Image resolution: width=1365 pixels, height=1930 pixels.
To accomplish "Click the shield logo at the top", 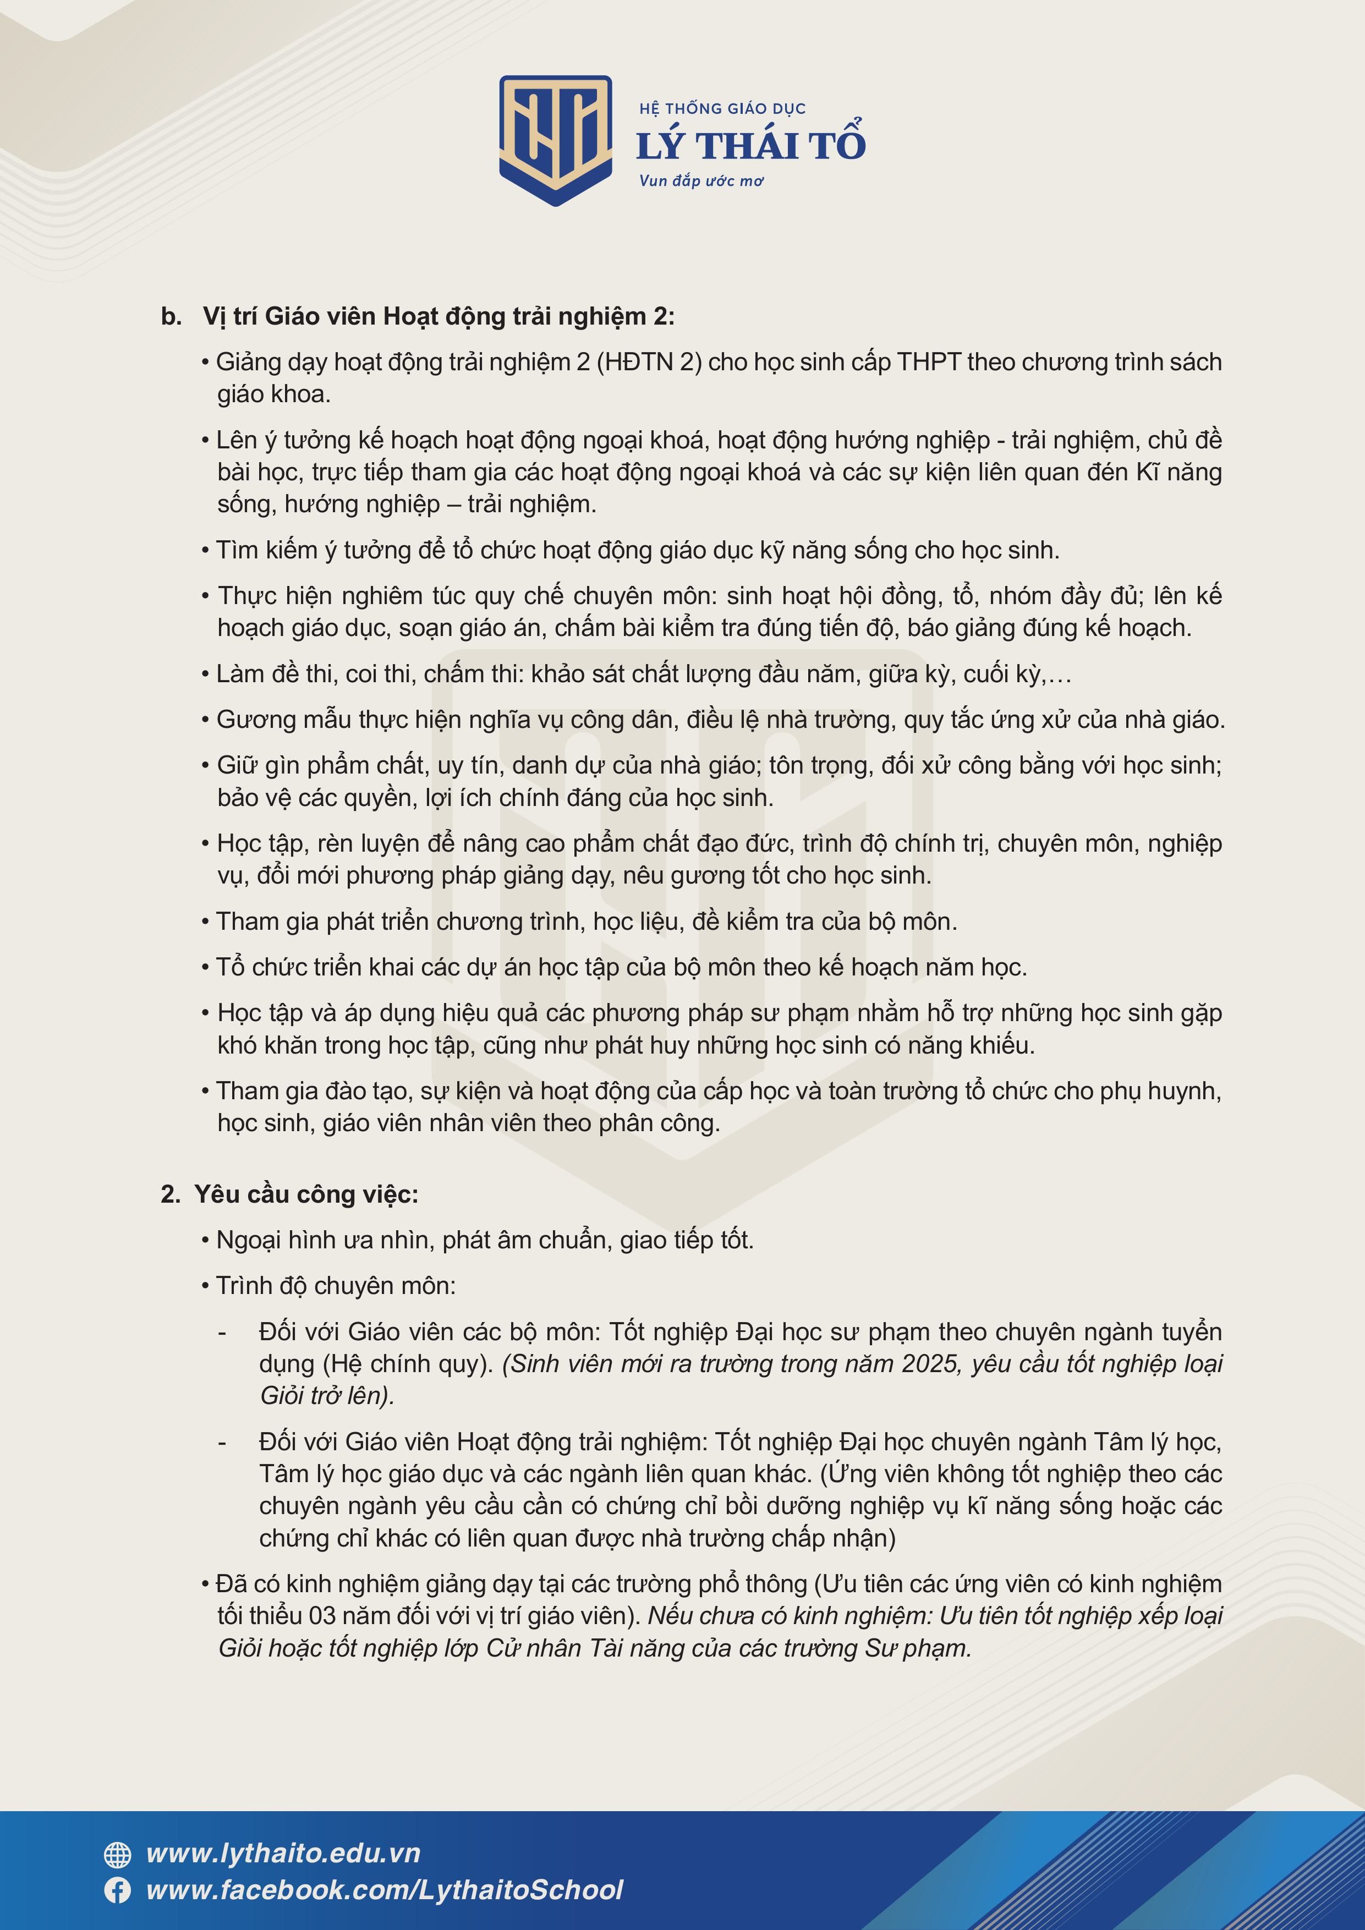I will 556,140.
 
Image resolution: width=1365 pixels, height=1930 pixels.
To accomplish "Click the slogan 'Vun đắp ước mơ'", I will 701,180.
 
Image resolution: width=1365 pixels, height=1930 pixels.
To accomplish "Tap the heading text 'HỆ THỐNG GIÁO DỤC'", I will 722,108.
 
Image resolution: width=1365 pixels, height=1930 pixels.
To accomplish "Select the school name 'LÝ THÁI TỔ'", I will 750,145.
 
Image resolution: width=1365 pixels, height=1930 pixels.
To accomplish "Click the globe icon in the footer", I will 118,1854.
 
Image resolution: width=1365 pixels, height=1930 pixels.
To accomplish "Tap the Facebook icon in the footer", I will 118,1890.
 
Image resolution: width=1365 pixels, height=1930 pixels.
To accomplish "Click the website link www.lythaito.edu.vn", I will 283,1854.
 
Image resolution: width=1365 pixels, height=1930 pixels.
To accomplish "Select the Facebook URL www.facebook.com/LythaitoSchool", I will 384,1890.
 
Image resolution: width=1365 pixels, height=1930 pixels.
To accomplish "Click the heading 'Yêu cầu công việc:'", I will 306,1194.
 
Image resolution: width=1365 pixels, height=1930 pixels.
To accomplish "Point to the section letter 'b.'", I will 172,317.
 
